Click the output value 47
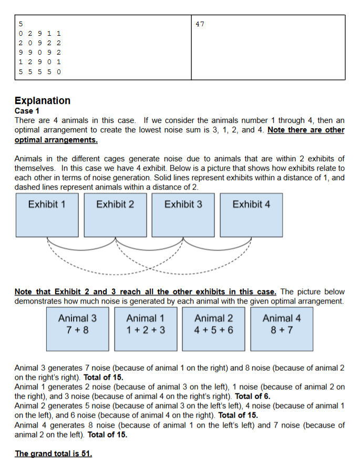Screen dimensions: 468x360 (200, 24)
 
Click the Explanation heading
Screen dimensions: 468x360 (43, 100)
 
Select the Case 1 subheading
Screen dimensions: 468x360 (27, 111)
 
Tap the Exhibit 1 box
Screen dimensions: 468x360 (47, 214)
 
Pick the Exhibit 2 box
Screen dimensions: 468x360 (115, 214)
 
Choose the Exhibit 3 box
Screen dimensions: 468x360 (183, 214)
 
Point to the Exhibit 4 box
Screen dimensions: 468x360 (251, 214)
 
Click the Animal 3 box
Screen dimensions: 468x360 (77, 329)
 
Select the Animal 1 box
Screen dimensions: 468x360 (146, 329)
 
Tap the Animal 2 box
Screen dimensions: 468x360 (213, 329)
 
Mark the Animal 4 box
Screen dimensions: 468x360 (282, 329)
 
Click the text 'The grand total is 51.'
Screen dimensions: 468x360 (54, 454)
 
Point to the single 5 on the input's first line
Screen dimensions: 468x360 (20, 24)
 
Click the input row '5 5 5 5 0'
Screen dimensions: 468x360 (39, 71)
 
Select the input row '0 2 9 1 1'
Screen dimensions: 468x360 (39, 34)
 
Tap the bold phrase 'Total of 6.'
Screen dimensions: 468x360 (253, 396)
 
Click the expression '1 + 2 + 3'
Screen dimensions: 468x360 (146, 330)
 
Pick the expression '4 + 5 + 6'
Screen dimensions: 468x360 (213, 330)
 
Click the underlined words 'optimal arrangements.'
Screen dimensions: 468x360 (56, 140)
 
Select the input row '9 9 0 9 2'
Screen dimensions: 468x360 (39, 53)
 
